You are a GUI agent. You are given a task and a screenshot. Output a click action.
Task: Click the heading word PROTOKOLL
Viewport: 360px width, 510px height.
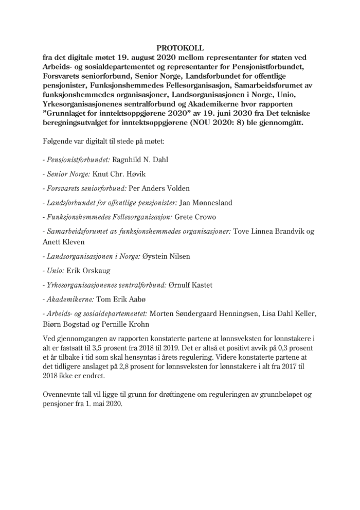(x=180, y=48)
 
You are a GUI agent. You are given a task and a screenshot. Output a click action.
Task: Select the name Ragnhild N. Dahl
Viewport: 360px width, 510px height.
(x=140, y=160)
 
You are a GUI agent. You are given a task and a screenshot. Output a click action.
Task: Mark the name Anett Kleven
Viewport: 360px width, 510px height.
(x=64, y=242)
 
